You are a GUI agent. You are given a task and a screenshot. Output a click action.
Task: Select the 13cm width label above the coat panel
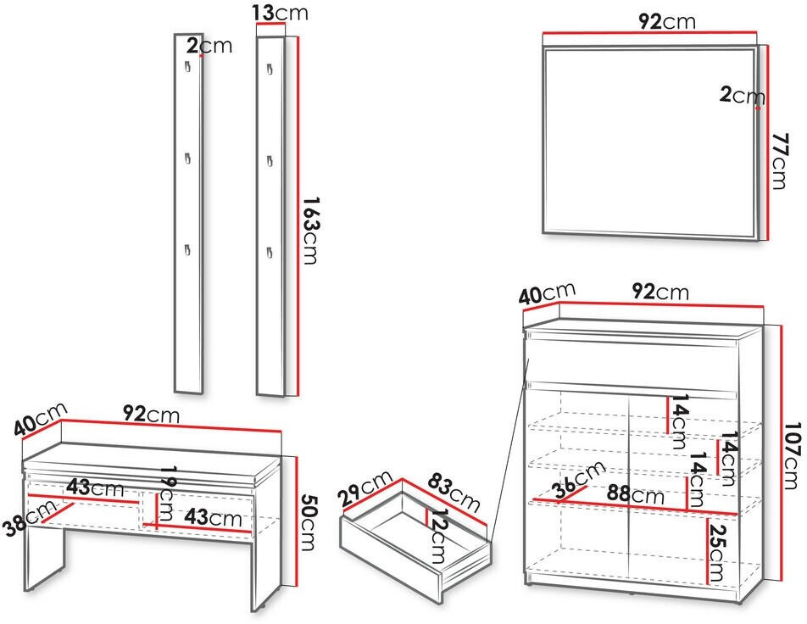pos(281,13)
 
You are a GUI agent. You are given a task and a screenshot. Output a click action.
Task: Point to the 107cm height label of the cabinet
pos(791,456)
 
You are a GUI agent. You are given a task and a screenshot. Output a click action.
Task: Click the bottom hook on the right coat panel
pos(269,251)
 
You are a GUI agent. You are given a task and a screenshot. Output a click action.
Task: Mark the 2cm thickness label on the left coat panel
pos(209,45)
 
